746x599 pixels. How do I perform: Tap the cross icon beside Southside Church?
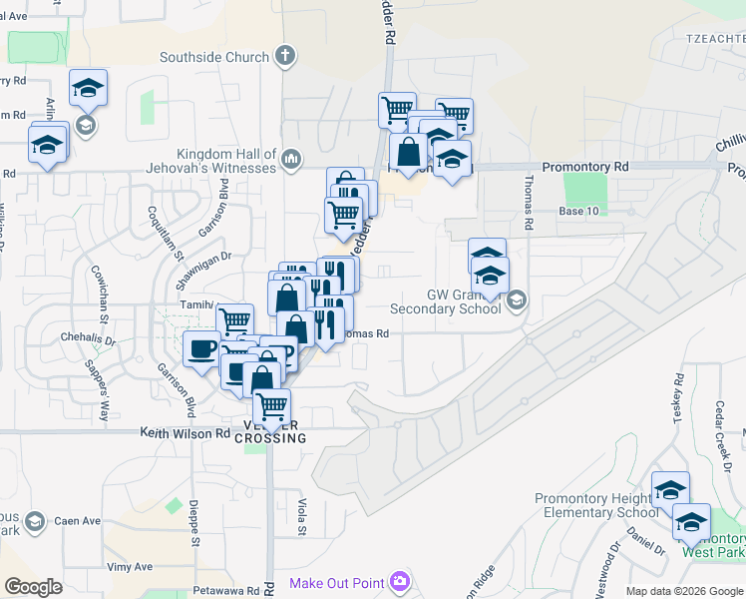click(x=286, y=55)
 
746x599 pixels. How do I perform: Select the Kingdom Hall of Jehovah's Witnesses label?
click(x=226, y=161)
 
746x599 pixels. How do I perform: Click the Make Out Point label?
click(x=338, y=583)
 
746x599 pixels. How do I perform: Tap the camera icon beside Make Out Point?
click(x=401, y=581)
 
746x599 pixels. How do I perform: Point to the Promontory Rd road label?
click(x=585, y=167)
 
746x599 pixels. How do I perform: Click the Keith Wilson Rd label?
click(x=185, y=433)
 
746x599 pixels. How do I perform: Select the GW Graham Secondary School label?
click(x=445, y=301)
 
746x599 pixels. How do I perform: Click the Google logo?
click(x=33, y=587)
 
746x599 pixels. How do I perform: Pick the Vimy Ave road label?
click(x=131, y=566)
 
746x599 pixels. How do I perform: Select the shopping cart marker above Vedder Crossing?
click(x=272, y=407)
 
